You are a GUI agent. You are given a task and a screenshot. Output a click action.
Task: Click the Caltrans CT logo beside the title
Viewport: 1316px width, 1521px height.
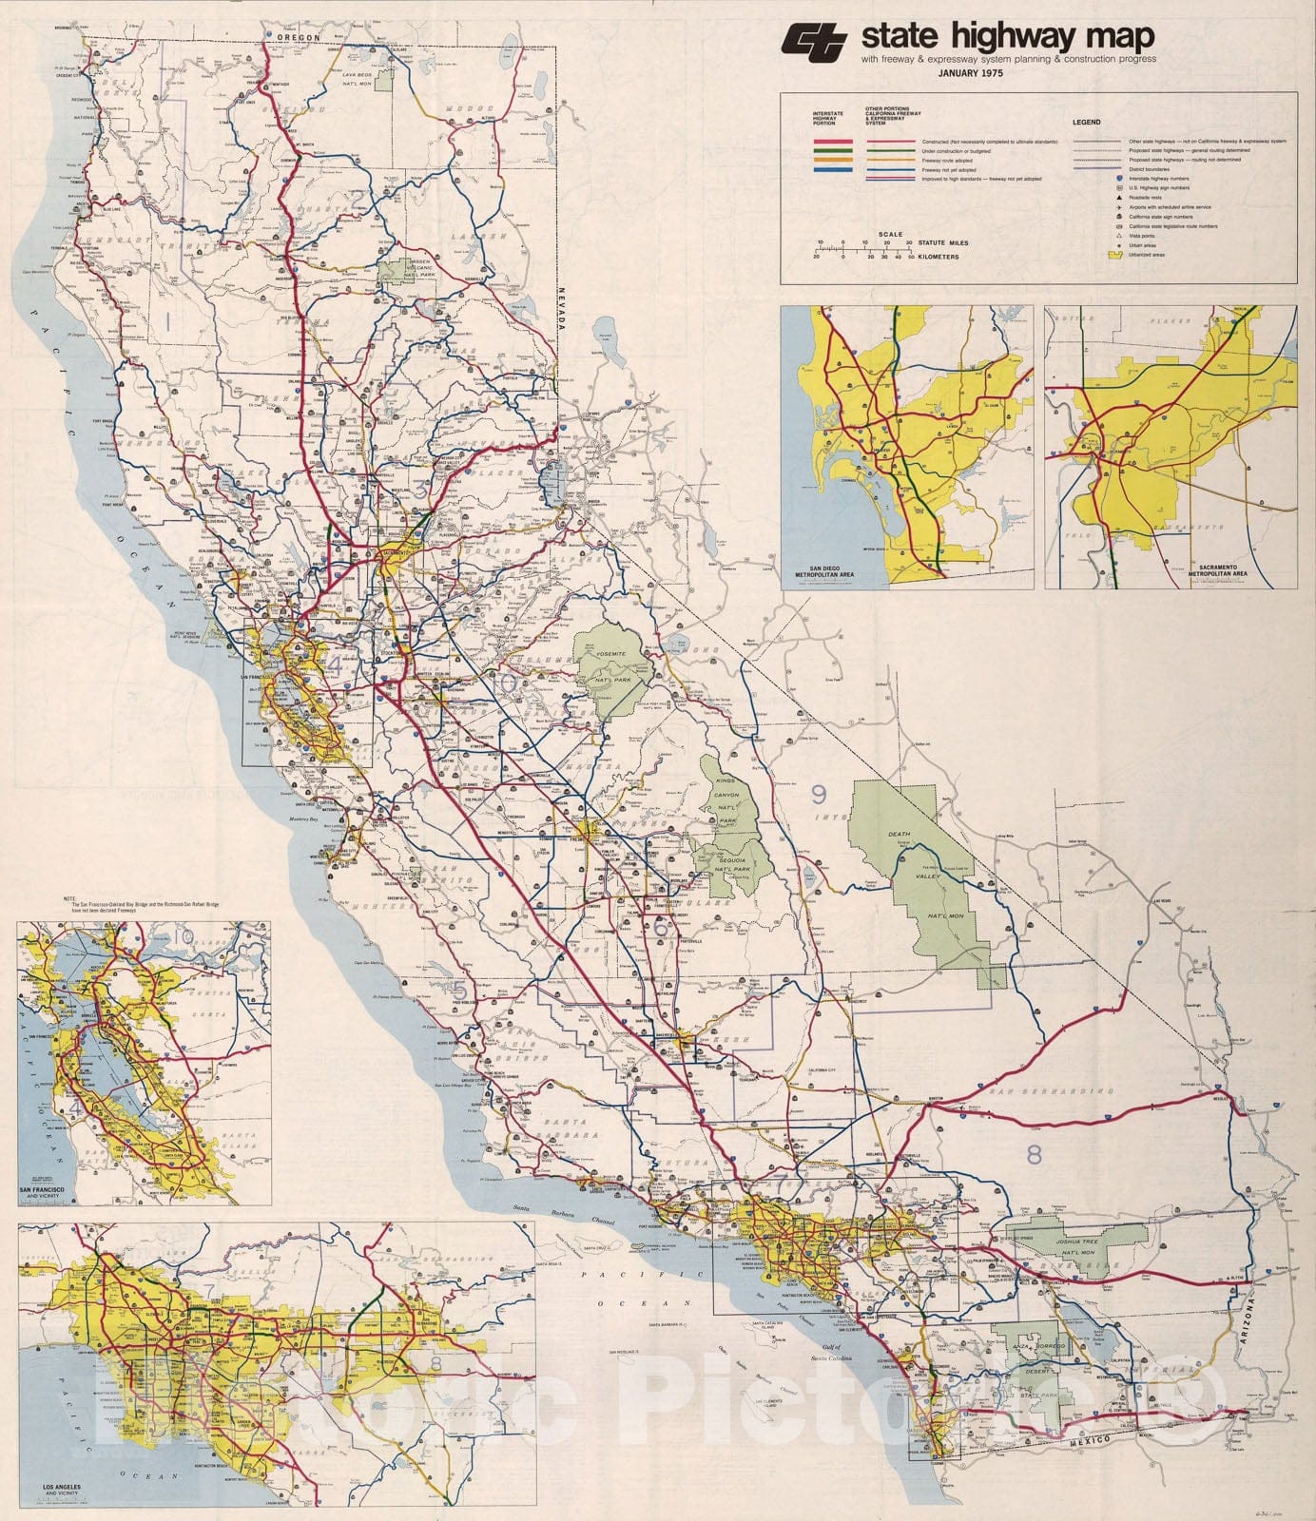point(816,40)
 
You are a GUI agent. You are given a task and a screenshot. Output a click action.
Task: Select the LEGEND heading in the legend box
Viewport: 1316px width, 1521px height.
point(1086,123)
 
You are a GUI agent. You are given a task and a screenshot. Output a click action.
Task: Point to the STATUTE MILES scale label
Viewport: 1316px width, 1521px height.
point(943,243)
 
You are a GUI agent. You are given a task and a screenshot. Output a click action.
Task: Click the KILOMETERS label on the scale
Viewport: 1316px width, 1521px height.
point(939,257)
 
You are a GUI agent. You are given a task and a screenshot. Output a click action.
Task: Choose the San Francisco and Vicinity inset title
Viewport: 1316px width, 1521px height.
point(47,1192)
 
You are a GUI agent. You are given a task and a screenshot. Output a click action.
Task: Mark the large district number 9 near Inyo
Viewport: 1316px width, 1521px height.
point(819,792)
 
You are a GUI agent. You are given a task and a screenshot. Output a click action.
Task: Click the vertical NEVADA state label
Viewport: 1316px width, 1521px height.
point(563,308)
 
